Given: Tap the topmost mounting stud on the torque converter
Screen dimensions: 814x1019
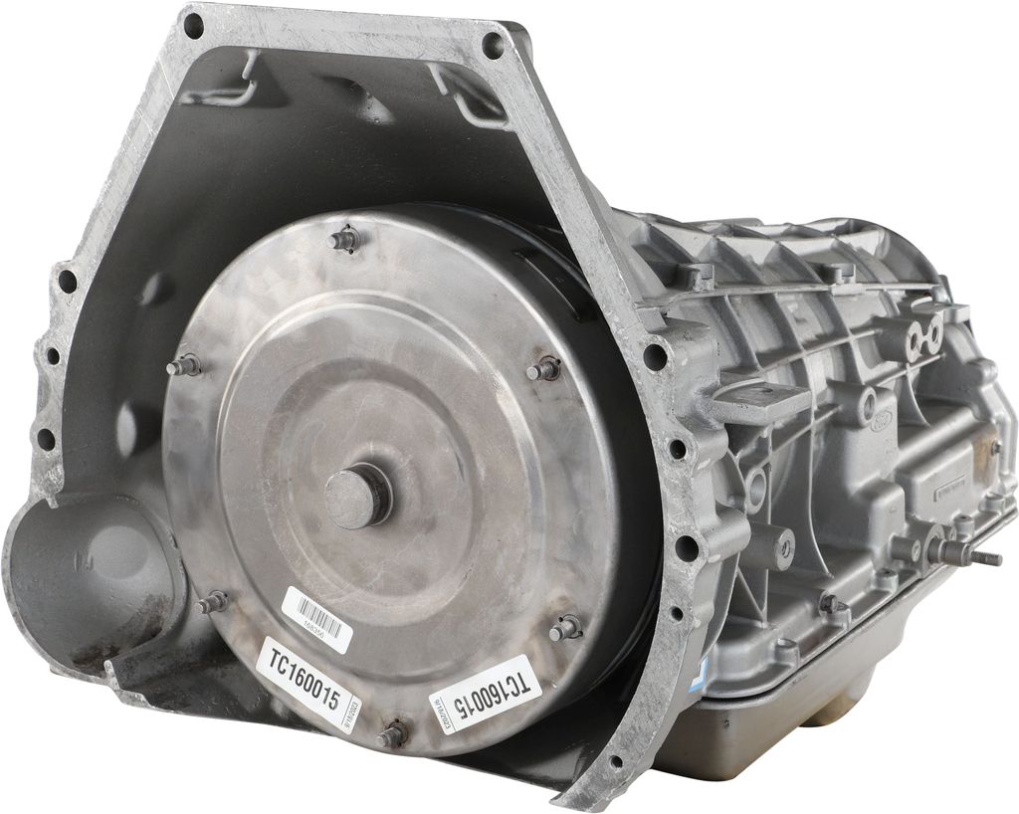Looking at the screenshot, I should pyautogui.click(x=344, y=239).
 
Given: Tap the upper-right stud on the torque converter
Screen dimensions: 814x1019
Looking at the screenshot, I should pyautogui.click(x=543, y=369).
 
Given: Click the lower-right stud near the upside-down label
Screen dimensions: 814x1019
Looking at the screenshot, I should pyautogui.click(x=564, y=628).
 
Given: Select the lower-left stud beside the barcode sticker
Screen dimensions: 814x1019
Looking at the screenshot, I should pyautogui.click(x=212, y=602).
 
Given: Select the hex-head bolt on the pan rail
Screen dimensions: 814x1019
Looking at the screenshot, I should pyautogui.click(x=828, y=603).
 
